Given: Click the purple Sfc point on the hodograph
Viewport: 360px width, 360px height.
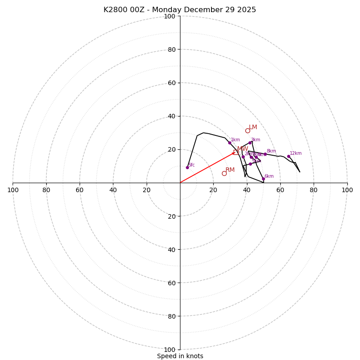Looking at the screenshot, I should [187, 167].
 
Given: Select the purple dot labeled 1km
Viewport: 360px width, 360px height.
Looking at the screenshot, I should [229, 143].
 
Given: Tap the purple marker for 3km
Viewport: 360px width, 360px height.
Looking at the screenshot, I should [250, 143].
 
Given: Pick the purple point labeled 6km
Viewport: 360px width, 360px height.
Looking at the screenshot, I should [263, 179].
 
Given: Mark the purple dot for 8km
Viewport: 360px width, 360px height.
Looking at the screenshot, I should [265, 154].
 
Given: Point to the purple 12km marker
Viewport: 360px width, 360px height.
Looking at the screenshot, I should [288, 156].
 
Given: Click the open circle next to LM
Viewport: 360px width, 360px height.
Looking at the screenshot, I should [247, 130].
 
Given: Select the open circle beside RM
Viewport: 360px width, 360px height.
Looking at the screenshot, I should [224, 173].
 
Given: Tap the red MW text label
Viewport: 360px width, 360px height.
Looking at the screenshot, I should [243, 149].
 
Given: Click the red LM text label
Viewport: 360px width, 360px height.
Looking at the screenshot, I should [253, 127].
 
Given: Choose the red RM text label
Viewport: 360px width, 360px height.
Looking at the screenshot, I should [230, 170].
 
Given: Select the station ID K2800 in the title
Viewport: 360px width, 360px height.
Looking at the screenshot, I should [115, 10].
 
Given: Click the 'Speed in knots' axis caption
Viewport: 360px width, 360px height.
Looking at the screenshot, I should [180, 356].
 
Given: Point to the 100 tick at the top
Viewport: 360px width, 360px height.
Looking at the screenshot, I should [170, 16].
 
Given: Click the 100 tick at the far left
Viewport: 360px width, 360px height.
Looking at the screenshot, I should [13, 190].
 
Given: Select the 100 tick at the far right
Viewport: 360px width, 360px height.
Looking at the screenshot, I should [347, 190].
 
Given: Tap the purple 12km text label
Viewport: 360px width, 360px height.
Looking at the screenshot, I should [296, 153].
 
